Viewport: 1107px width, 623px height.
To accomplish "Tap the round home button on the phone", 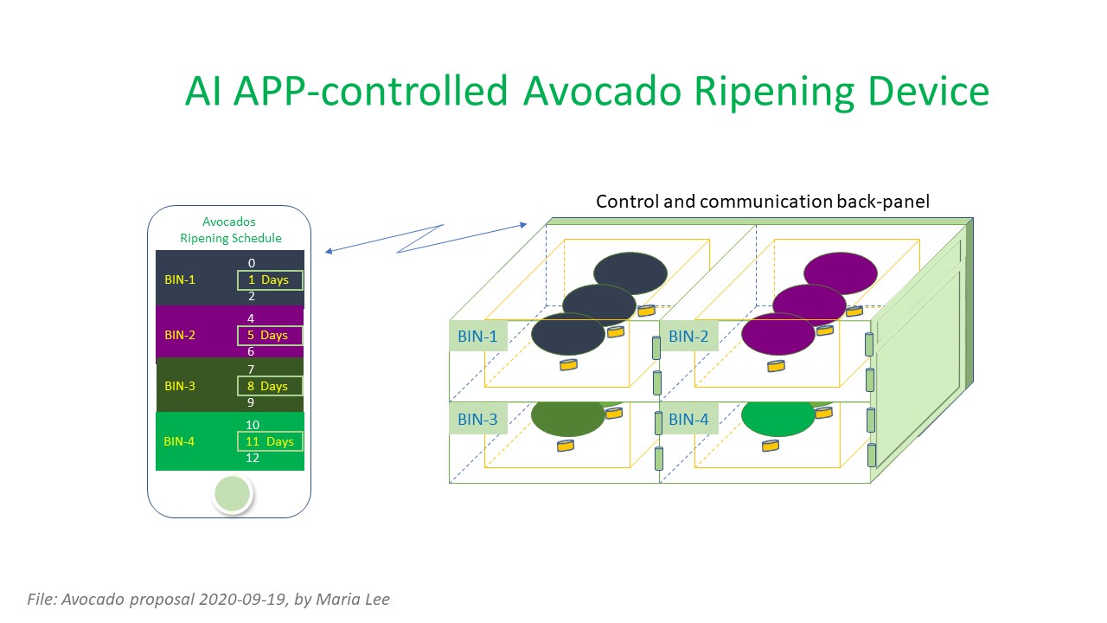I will (232, 493).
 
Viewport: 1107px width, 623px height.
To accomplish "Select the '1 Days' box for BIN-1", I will (270, 280).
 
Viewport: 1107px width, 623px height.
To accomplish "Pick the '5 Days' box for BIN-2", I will (270, 335).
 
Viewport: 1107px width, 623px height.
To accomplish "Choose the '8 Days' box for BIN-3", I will (270, 386).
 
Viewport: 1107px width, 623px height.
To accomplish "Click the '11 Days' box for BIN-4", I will (270, 441).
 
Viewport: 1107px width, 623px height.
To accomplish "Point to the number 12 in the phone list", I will (253, 459).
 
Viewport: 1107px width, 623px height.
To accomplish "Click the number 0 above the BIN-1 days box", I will (252, 263).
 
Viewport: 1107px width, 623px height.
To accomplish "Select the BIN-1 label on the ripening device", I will (477, 337).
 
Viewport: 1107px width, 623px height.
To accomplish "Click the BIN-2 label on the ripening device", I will (688, 337).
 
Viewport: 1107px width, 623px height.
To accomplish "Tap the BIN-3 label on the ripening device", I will (477, 420).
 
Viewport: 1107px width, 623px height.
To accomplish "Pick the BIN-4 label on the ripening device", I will (688, 420).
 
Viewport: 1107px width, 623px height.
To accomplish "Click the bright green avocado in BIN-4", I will (778, 419).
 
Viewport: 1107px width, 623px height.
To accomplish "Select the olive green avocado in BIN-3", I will (567, 419).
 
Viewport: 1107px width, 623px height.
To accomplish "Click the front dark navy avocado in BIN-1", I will (567, 335).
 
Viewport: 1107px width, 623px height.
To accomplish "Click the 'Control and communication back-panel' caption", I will (763, 202).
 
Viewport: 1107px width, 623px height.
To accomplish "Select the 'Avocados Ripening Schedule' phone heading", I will (230, 230).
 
